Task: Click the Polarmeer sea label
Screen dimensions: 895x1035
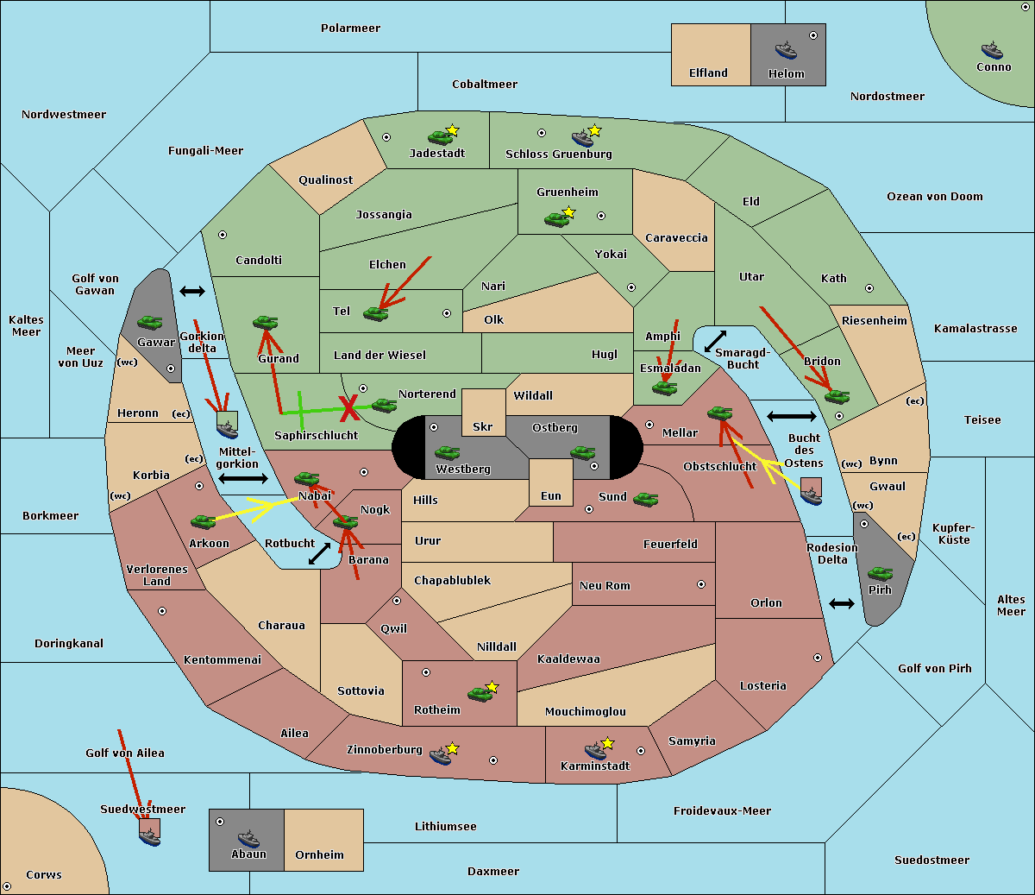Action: point(350,28)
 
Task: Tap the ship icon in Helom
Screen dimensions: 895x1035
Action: point(786,49)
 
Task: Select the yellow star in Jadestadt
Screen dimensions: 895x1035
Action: point(453,130)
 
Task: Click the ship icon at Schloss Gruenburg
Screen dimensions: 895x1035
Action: point(583,138)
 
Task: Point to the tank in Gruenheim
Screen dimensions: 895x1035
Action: point(556,219)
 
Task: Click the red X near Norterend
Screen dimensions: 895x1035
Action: point(348,407)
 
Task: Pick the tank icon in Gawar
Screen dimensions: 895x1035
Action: point(149,322)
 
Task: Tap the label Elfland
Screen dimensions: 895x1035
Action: point(708,73)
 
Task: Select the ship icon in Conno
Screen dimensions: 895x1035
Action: point(992,49)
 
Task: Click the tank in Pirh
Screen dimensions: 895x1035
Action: point(880,573)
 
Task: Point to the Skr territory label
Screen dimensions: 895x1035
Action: point(483,426)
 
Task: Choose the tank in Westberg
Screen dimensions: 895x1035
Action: point(447,452)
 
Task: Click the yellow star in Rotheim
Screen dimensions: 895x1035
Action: point(492,687)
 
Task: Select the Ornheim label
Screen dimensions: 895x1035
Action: point(319,854)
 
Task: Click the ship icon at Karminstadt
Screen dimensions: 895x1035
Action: point(595,750)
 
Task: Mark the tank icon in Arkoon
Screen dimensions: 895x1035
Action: point(203,521)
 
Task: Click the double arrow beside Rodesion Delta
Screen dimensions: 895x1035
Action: point(842,603)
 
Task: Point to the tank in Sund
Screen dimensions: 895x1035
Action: point(645,499)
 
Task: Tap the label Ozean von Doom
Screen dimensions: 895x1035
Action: point(935,197)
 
